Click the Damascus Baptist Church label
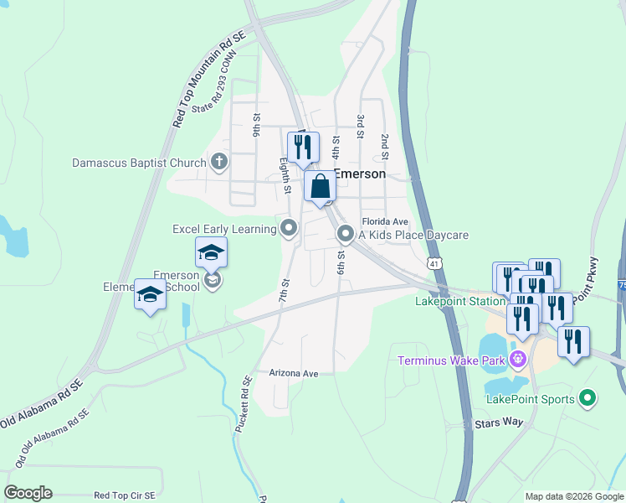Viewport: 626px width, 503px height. [139, 163]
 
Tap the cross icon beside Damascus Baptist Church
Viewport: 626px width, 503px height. [219, 162]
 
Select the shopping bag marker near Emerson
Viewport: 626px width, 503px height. [320, 186]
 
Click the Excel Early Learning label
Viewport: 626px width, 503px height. [223, 228]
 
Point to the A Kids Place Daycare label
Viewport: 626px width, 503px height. [413, 235]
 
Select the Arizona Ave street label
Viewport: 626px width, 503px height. [294, 373]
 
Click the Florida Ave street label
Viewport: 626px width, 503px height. [384, 221]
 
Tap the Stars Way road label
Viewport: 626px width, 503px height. [498, 424]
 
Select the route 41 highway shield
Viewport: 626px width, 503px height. [433, 263]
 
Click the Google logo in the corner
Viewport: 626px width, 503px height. [28, 493]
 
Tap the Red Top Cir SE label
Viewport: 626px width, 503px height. [124, 496]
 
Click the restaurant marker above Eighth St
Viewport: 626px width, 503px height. [302, 147]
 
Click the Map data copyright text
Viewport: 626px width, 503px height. [574, 496]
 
